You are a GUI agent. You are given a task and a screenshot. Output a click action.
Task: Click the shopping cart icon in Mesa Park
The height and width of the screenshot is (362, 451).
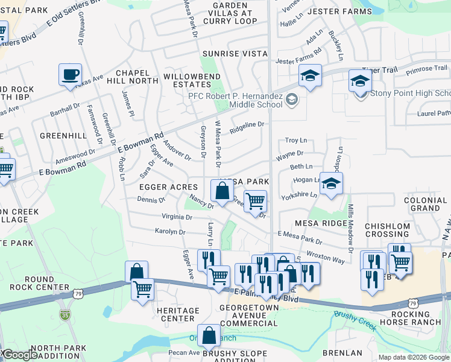(255, 201)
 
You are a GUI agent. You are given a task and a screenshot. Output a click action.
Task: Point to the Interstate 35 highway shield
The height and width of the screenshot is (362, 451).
(65, 314)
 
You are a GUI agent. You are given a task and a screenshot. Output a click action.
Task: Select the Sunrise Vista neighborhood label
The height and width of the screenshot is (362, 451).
(235, 54)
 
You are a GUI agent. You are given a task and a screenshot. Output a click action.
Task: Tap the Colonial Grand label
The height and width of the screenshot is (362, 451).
(426, 205)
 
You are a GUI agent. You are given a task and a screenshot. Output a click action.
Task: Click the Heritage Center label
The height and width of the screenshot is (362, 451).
(178, 314)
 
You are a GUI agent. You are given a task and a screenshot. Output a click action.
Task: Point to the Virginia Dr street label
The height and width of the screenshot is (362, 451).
(177, 217)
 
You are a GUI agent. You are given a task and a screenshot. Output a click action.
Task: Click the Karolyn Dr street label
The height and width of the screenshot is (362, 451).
(170, 231)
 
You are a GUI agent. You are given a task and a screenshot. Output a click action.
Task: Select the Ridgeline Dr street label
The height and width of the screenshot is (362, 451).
(247, 125)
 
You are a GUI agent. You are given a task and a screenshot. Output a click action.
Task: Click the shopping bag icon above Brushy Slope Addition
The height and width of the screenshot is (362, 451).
(209, 336)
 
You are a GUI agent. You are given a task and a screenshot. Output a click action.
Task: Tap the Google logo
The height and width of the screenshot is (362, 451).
(20, 355)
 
